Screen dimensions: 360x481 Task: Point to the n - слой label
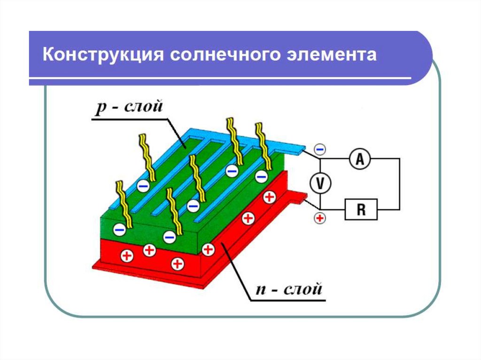tap(289, 288)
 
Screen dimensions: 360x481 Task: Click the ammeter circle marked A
tap(360, 160)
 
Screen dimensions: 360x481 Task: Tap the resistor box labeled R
tap(361, 209)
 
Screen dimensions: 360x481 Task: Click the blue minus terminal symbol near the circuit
tap(319, 149)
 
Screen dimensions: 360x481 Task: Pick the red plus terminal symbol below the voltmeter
tap(319, 218)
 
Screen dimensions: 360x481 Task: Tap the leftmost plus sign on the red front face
tap(127, 256)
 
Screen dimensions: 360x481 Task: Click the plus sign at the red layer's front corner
tap(207, 249)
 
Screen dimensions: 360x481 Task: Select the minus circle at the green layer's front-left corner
tap(120, 230)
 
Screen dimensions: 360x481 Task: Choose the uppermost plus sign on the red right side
tap(269, 197)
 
